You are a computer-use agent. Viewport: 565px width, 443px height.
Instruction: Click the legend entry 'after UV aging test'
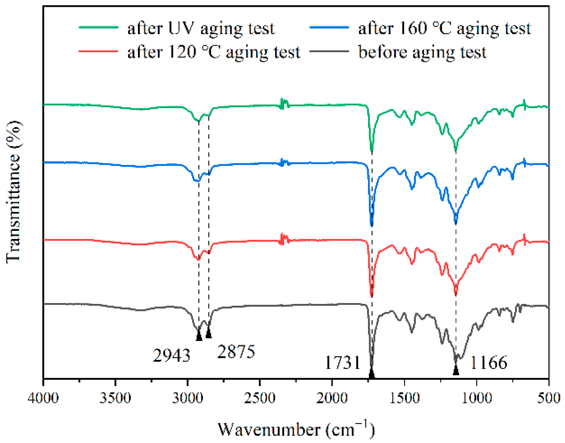click(201, 28)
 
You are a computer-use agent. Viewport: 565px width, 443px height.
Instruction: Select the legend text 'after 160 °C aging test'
click(444, 28)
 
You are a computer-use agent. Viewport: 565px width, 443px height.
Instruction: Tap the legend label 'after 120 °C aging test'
click(213, 52)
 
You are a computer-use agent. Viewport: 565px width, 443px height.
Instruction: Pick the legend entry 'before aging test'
click(422, 52)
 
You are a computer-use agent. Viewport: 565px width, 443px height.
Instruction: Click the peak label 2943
click(171, 356)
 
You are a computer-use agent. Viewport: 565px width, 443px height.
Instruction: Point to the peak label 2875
click(236, 352)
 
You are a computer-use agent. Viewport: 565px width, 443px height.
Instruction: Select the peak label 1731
click(342, 363)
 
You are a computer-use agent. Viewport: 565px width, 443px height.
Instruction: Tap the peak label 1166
click(489, 363)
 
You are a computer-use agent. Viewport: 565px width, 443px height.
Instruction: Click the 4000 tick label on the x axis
click(43, 398)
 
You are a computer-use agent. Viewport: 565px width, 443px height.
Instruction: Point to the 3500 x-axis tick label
click(116, 398)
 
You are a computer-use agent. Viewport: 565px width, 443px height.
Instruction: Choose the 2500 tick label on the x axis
click(260, 398)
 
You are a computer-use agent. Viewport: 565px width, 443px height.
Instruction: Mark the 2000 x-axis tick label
click(332, 398)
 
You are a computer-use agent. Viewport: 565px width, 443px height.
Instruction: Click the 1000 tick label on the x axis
click(477, 398)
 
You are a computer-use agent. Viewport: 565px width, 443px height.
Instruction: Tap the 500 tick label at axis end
click(548, 398)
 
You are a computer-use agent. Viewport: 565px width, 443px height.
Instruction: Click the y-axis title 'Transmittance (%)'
click(14, 192)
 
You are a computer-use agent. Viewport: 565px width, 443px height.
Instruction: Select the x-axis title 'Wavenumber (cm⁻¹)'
click(296, 430)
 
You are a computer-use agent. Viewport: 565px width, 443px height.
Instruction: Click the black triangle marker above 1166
click(456, 370)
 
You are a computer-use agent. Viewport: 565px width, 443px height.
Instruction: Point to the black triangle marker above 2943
click(199, 336)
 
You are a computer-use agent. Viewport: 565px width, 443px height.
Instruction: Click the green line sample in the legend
click(98, 28)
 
